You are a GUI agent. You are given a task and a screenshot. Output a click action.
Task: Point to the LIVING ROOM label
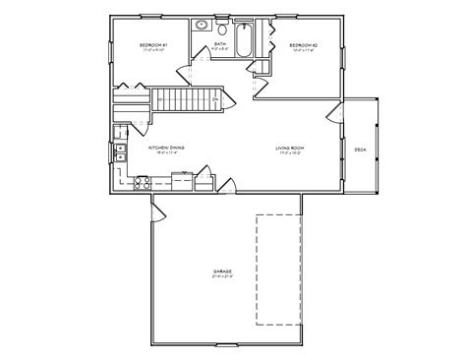coord(288,147)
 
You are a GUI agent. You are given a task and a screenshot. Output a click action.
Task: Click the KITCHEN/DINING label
coord(166,147)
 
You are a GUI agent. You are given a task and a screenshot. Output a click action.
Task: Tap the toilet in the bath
coord(223,27)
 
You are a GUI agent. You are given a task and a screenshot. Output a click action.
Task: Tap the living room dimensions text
coord(288,152)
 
